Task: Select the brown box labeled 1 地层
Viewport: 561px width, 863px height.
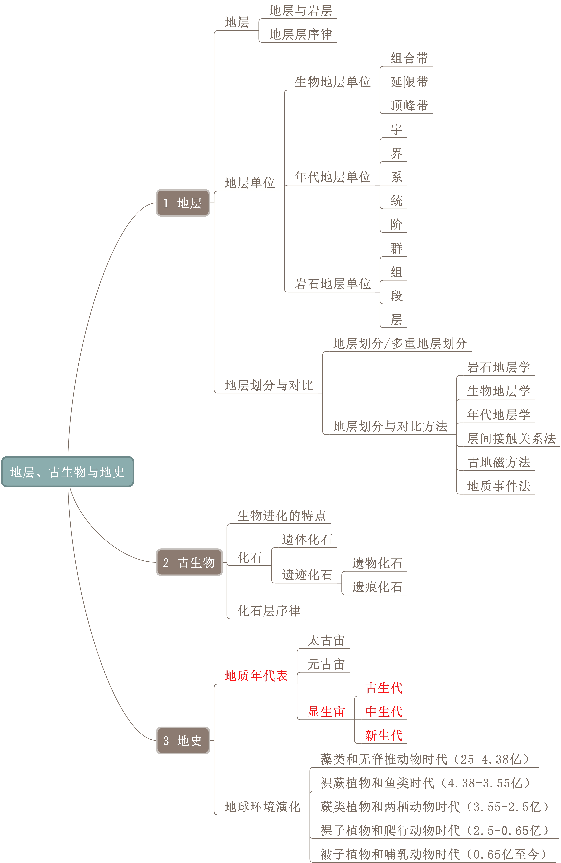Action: click(183, 203)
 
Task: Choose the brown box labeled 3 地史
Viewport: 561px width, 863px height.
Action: click(183, 740)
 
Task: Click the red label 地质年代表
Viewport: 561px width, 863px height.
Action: click(256, 676)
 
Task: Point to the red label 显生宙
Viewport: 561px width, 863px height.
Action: click(326, 711)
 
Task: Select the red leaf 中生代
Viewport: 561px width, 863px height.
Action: click(384, 711)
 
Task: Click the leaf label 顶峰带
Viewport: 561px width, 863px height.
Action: click(409, 106)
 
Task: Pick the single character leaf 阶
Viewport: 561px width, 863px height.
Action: click(396, 224)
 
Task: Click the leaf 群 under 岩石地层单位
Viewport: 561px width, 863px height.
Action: click(396, 248)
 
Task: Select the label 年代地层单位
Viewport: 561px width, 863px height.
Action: click(333, 177)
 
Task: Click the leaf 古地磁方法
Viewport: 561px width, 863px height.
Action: click(499, 462)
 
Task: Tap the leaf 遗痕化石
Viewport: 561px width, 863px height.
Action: click(377, 587)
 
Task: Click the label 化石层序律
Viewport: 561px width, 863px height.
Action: click(269, 611)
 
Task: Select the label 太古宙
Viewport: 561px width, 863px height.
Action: click(326, 640)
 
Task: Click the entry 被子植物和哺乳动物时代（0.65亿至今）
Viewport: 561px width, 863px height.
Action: click(433, 854)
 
